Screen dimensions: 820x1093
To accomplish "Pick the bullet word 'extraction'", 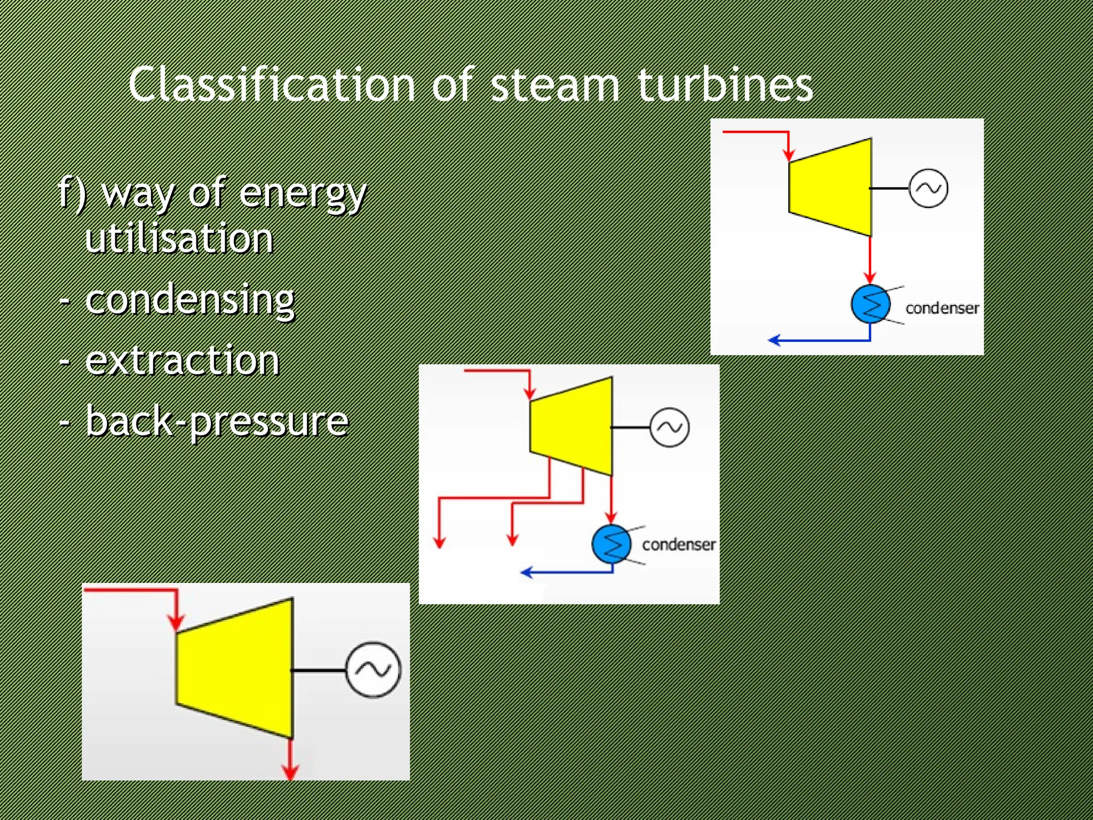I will [182, 361].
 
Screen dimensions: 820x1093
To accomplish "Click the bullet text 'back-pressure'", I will [217, 422].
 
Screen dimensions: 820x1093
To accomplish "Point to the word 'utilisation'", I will [179, 238].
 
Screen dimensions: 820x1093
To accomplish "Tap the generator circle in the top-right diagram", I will [928, 188].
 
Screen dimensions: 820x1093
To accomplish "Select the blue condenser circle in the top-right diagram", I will [870, 304].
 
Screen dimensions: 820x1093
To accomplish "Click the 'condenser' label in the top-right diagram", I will [942, 308].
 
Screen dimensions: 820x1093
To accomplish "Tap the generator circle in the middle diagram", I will [669, 427].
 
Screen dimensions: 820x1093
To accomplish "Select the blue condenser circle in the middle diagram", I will [611, 544].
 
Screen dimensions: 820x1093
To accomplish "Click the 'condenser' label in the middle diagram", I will [678, 545].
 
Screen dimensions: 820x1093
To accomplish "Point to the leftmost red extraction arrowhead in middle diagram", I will [439, 542].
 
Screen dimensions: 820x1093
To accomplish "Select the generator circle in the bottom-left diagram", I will [373, 669].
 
